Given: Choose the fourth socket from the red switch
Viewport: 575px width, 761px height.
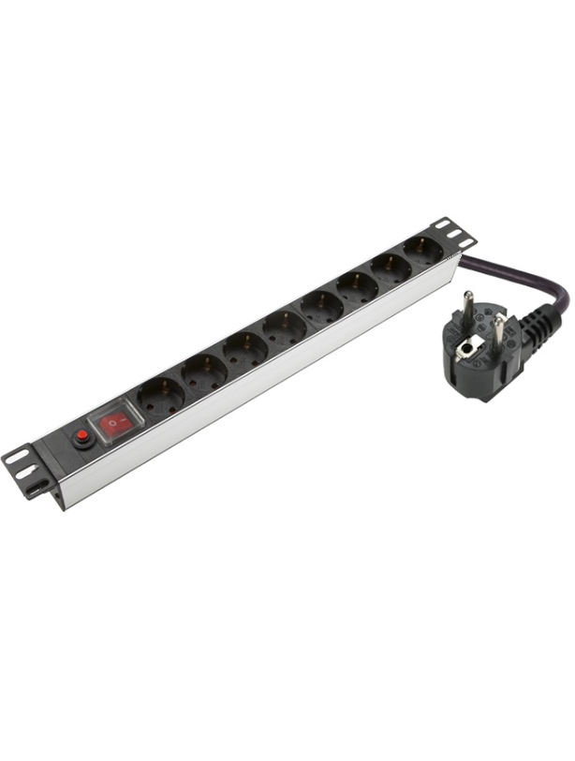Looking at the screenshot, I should tap(284, 327).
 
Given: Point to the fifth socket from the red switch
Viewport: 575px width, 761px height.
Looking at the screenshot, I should tap(321, 305).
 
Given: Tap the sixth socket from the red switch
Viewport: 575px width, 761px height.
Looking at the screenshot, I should tap(357, 285).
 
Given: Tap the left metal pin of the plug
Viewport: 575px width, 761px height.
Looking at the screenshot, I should tap(466, 309).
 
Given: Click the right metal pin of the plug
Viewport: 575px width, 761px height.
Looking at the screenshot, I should tap(500, 329).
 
